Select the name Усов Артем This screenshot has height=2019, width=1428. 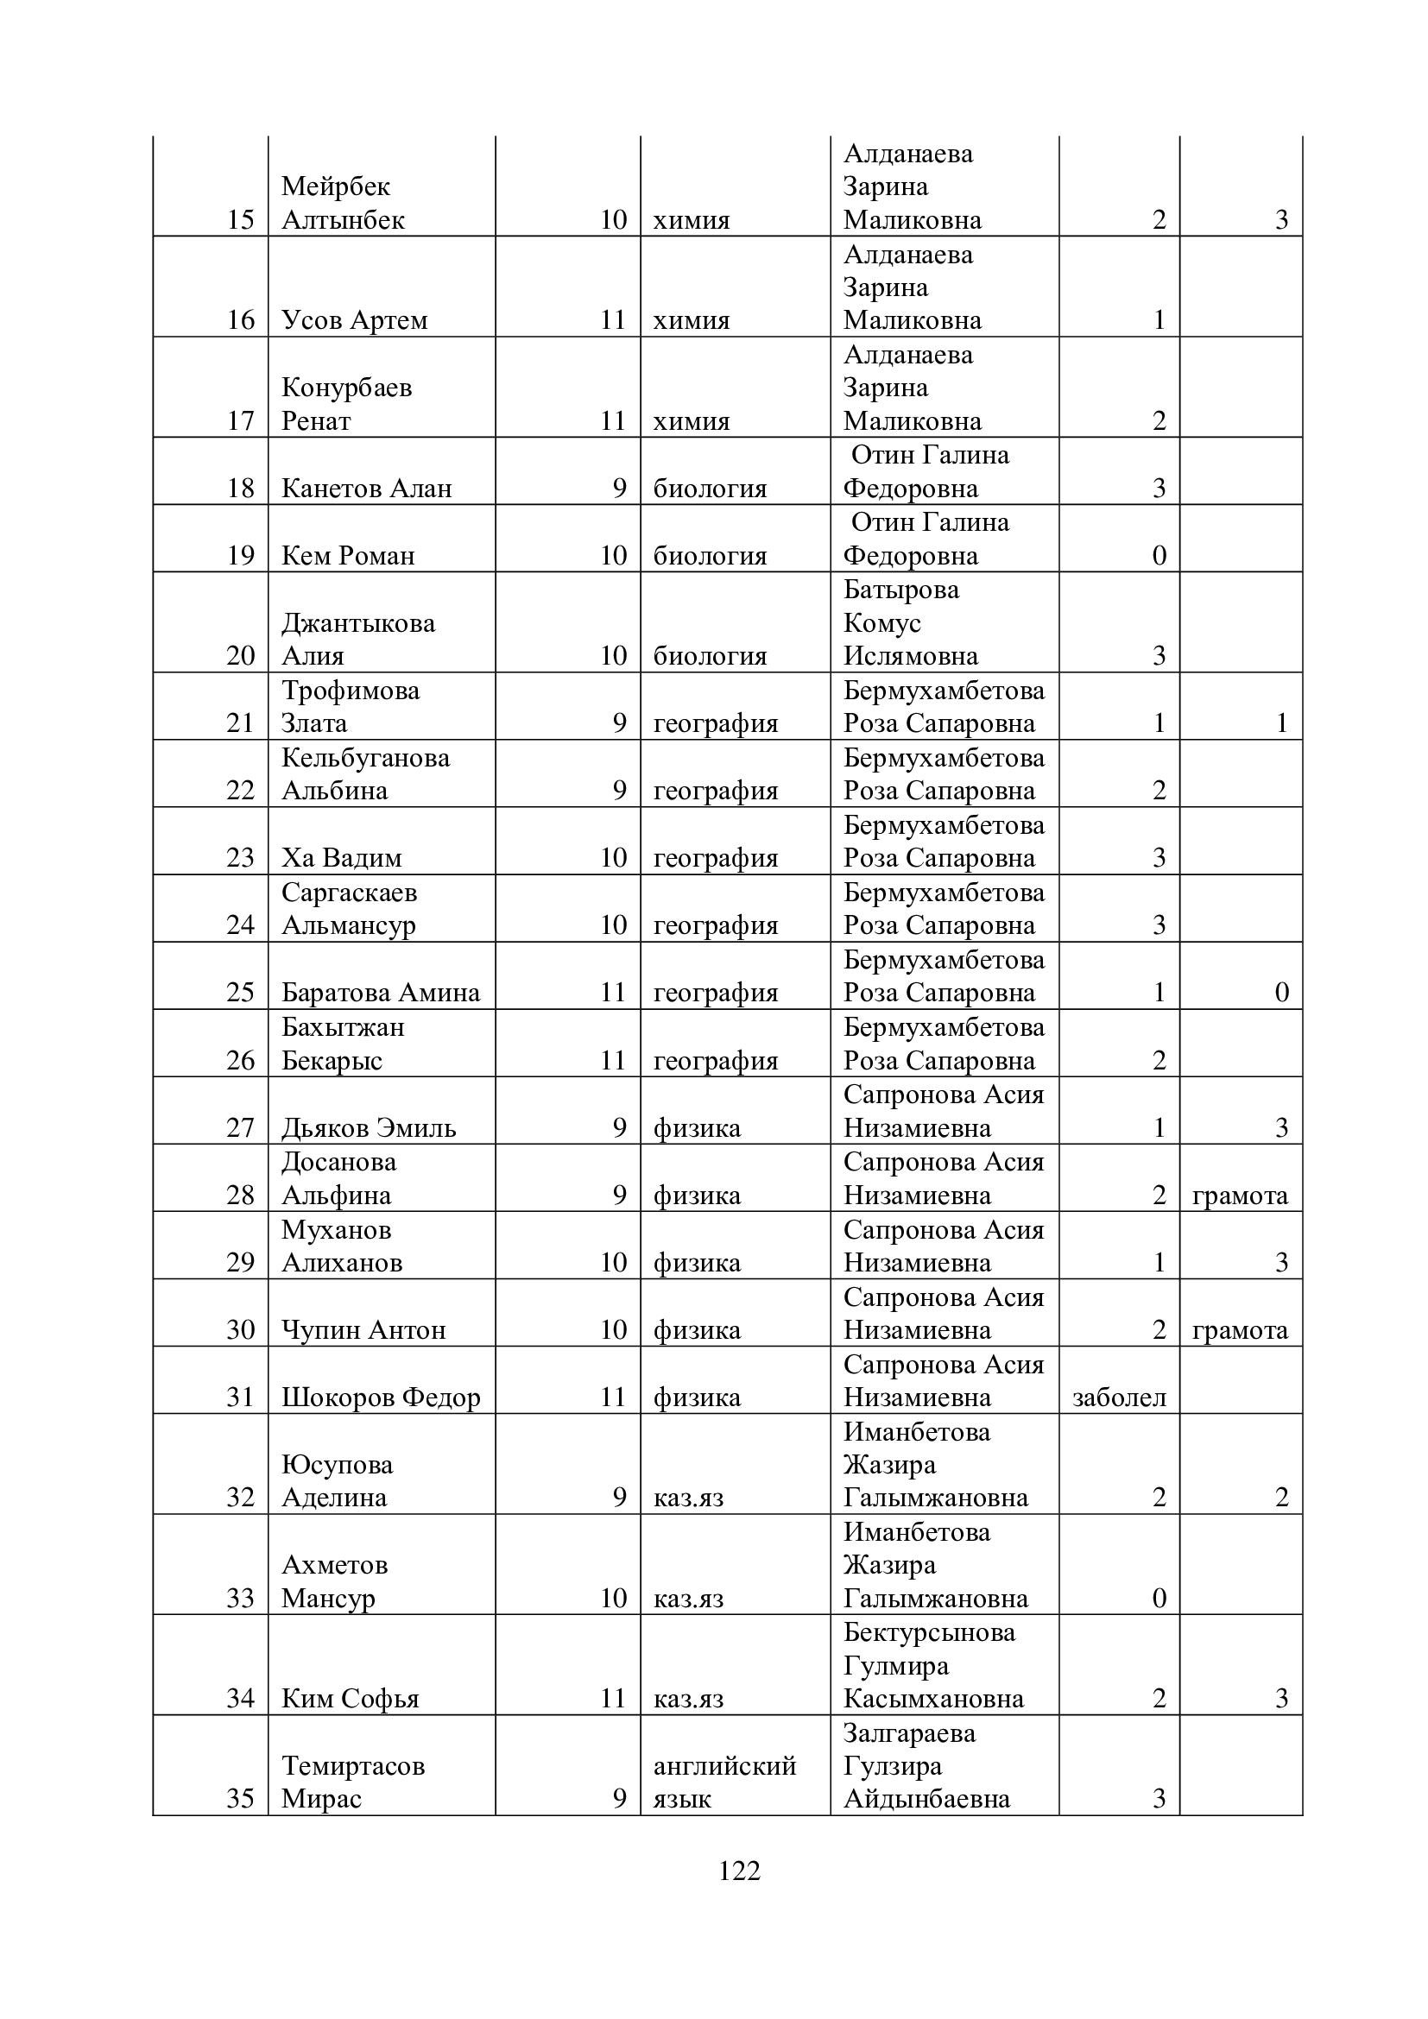(354, 320)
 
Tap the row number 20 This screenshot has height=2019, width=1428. (240, 655)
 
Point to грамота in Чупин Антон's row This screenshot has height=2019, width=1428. (1240, 1329)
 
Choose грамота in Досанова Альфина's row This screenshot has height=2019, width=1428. (1240, 1195)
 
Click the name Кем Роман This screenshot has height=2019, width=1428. (348, 556)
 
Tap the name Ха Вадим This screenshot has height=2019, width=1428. (342, 857)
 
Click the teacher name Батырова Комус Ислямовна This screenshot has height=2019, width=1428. (909, 622)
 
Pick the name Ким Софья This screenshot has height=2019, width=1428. (350, 1698)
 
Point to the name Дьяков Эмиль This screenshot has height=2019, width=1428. (369, 1127)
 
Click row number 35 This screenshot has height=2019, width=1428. (240, 1798)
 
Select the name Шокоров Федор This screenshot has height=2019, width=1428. (381, 1398)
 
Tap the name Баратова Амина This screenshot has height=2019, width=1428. (381, 993)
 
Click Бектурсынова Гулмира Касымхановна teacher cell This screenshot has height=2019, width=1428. (932, 1665)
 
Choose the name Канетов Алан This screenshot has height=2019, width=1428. (367, 488)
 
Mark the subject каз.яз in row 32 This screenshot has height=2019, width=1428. (688, 1498)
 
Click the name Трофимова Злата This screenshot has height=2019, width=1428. (351, 707)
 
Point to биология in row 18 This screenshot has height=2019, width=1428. (710, 488)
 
